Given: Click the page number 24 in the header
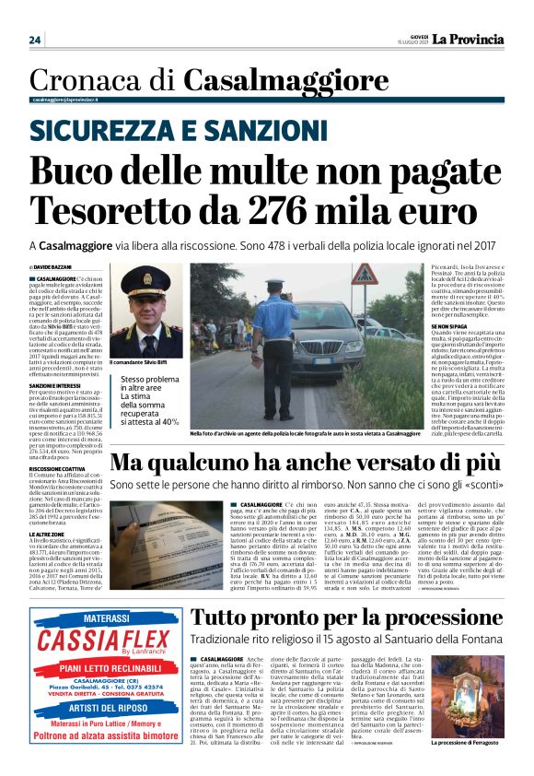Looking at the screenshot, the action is (35, 40).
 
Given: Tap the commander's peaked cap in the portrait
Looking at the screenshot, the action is (148, 278).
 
